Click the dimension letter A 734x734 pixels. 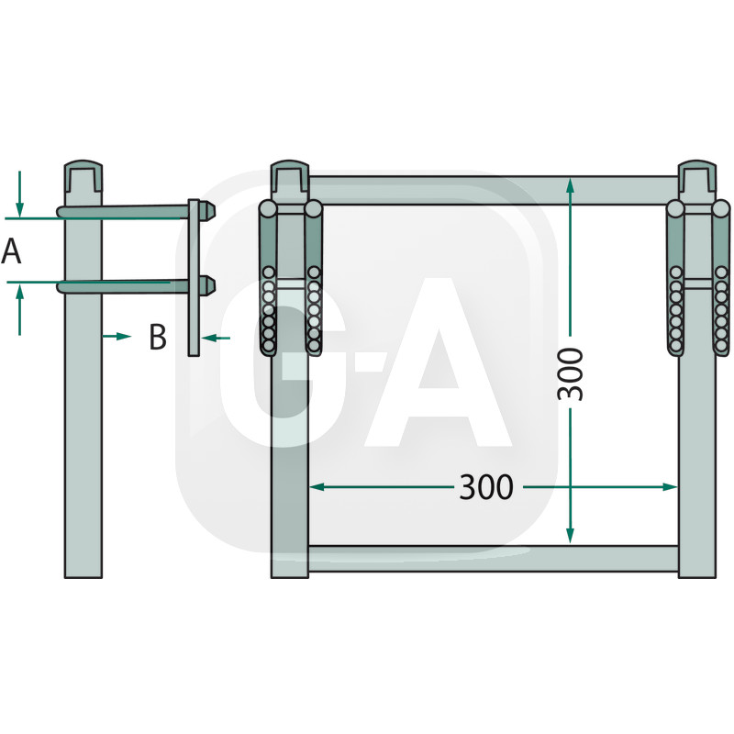click(x=11, y=250)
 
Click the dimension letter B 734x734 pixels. click(x=158, y=337)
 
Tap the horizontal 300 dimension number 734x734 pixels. click(x=486, y=487)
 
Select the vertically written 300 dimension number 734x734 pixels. click(x=571, y=374)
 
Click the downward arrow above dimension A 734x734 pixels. click(x=19, y=194)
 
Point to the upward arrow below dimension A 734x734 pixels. click(x=19, y=309)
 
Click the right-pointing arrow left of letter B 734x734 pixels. click(x=117, y=336)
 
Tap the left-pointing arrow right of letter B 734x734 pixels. click(x=216, y=338)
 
